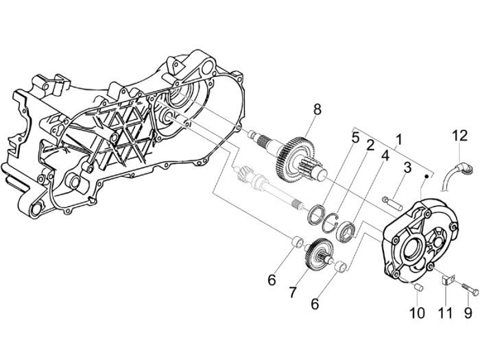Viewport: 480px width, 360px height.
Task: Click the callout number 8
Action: [317, 109]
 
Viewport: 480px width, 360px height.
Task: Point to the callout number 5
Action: [355, 137]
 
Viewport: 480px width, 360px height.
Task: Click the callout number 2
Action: [370, 145]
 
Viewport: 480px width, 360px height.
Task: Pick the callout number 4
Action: [385, 155]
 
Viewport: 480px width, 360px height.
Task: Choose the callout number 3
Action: [406, 167]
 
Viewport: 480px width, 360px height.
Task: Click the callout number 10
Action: [417, 314]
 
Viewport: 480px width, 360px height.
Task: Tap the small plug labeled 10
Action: [418, 288]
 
